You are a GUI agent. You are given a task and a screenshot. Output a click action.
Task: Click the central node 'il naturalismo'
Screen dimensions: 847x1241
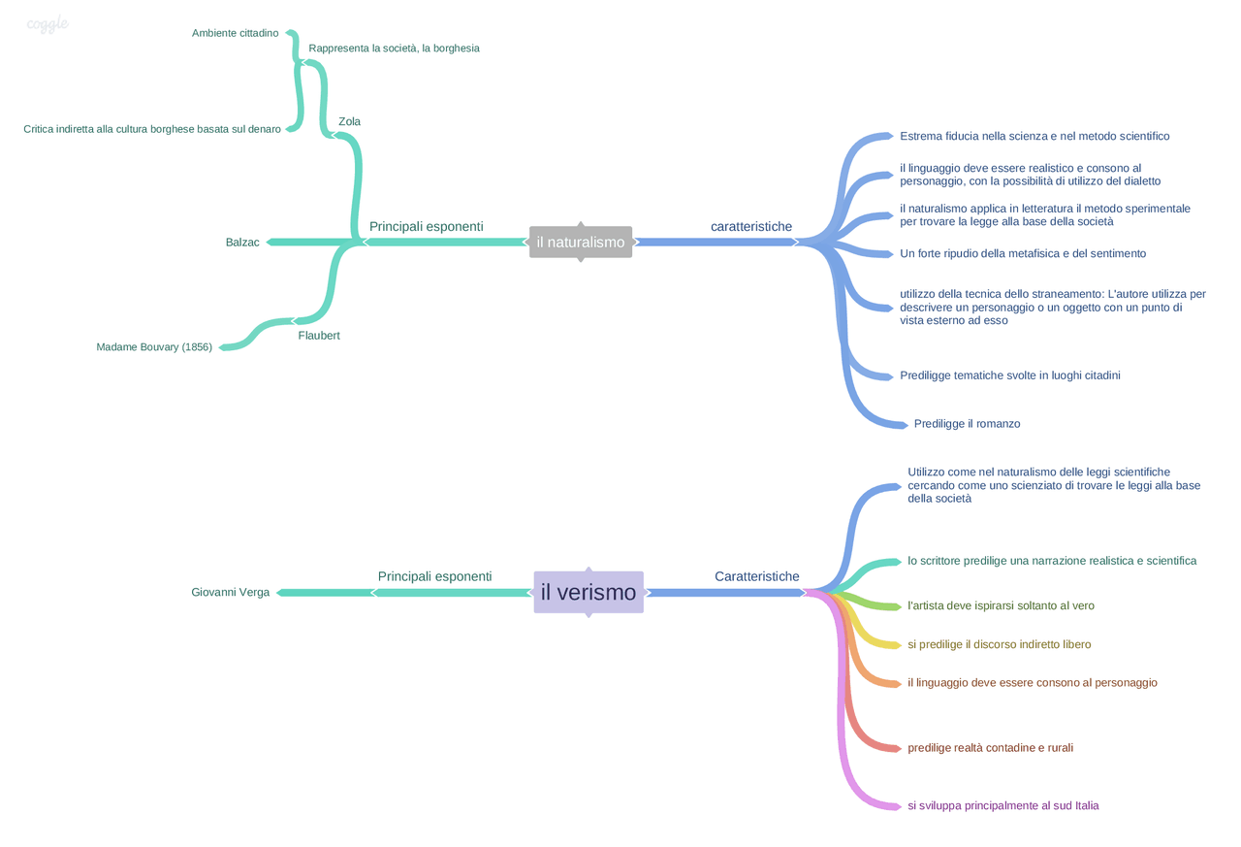(580, 243)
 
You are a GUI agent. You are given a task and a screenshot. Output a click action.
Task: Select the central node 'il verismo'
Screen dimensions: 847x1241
(589, 593)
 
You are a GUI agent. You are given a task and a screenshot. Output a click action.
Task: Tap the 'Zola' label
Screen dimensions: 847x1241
(349, 122)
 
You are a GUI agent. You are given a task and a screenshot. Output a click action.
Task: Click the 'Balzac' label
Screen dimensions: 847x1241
(242, 243)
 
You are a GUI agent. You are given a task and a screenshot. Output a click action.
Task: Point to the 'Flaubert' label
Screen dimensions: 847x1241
(319, 336)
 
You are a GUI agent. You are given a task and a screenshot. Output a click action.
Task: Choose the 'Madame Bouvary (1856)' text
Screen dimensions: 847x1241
(154, 347)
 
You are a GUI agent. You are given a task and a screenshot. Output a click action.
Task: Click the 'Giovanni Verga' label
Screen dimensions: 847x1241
(231, 593)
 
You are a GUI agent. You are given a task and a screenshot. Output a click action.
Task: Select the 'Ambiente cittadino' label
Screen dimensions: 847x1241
(235, 33)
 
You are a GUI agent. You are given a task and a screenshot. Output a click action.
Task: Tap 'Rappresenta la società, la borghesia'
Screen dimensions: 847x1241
(394, 49)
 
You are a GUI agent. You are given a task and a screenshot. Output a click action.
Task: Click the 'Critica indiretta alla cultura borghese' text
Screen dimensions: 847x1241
(152, 129)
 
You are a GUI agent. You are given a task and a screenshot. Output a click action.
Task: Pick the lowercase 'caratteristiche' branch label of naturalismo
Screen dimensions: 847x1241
(751, 227)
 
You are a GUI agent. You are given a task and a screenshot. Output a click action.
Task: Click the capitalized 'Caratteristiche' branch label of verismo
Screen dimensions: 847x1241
(757, 576)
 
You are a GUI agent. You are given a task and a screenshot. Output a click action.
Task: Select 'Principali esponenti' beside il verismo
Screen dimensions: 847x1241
(434, 576)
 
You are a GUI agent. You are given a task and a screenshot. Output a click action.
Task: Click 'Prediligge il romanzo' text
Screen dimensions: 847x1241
(967, 424)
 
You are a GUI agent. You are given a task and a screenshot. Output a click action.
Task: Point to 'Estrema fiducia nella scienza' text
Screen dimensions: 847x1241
(1034, 137)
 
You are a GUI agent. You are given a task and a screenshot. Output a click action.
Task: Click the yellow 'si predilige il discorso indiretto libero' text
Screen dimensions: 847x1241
(999, 644)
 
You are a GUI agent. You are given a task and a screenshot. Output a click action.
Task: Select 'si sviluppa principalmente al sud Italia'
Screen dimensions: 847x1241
(1003, 806)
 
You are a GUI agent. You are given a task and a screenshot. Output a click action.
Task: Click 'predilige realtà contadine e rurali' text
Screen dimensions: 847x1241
(990, 748)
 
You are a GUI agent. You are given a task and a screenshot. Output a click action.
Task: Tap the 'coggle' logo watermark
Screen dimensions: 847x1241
(48, 24)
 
